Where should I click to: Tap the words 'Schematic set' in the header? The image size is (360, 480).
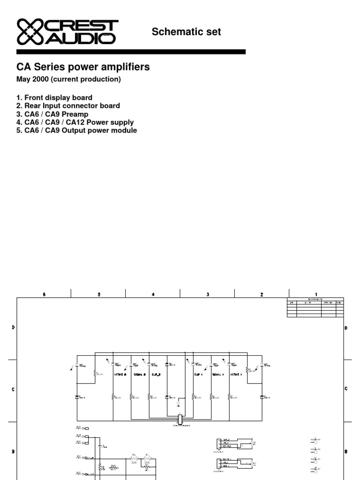[x=186, y=32]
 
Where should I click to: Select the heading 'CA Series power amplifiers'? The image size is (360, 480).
[x=83, y=67]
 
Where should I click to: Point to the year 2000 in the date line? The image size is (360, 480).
[x=41, y=80]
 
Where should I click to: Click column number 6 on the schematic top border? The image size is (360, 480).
[x=44, y=294]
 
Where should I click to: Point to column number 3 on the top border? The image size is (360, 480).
[x=207, y=294]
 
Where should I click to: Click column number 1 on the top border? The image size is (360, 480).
[x=316, y=294]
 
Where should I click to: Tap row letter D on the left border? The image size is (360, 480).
[x=13, y=328]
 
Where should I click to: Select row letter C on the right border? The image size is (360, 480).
[x=346, y=389]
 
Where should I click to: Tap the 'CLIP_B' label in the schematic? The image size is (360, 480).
[x=156, y=375]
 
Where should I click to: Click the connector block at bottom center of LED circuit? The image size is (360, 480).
[x=180, y=418]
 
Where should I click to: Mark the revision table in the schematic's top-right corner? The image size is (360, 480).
[x=315, y=307]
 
